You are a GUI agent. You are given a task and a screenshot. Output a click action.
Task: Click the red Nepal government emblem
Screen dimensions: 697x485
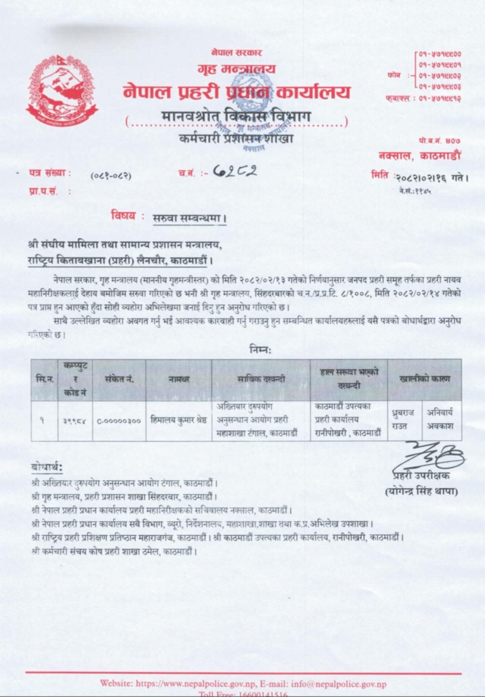[x=59, y=91]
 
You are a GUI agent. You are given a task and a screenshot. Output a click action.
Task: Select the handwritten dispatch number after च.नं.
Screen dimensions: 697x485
[x=235, y=171]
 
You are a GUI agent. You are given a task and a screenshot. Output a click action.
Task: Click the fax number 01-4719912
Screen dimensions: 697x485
[x=440, y=98]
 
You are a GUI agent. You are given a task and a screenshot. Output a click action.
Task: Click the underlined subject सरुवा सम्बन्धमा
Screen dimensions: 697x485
[x=190, y=218]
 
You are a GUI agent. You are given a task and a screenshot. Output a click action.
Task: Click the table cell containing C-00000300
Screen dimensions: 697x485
[x=119, y=420]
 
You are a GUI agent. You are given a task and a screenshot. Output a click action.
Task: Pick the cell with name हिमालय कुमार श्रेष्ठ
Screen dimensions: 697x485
[x=178, y=420]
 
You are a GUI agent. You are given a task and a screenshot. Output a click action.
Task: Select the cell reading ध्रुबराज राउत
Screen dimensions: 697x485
[x=404, y=420]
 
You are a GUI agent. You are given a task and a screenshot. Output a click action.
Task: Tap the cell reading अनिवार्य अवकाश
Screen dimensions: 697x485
[x=440, y=420]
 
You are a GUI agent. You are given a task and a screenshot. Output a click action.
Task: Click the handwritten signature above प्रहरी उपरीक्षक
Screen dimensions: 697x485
[x=430, y=456]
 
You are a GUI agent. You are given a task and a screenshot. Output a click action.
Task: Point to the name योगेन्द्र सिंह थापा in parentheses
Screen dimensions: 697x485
[x=421, y=492]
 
